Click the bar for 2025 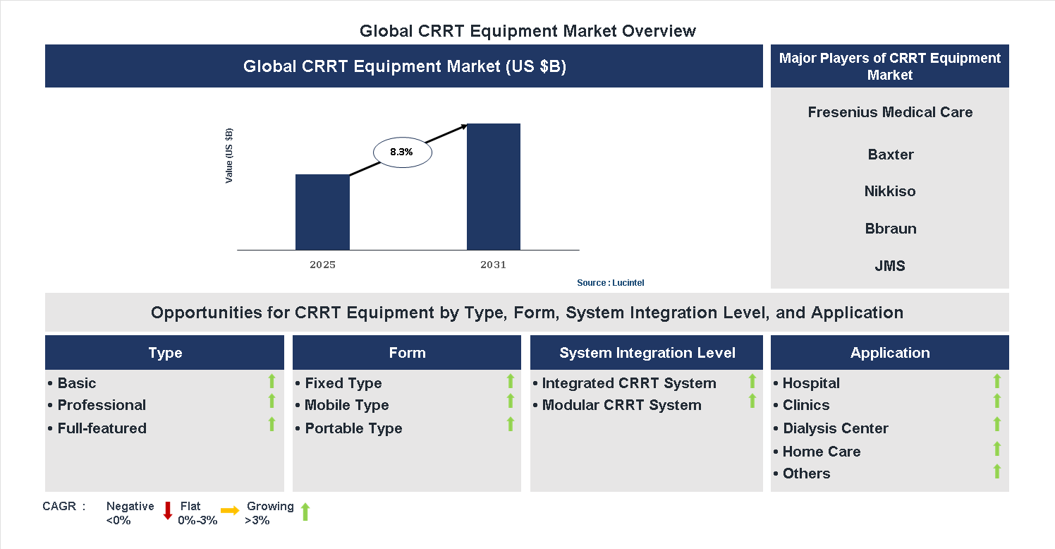tap(322, 212)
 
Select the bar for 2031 tap(494, 186)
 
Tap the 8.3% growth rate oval tap(401, 152)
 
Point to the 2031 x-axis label tap(493, 265)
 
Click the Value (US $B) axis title tap(229, 156)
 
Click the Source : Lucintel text tap(610, 283)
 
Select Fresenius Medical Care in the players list tap(890, 112)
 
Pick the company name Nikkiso tap(890, 191)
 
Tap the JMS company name tap(890, 266)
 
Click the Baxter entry tap(890, 155)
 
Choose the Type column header tap(165, 353)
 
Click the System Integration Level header tap(647, 353)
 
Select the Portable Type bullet tap(353, 428)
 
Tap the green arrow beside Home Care tap(996, 449)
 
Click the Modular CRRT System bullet tap(621, 405)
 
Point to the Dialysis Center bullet tap(835, 428)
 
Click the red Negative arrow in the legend tap(168, 511)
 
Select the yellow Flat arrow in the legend tap(230, 511)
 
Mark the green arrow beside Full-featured tap(272, 424)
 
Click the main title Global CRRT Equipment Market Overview tap(527, 31)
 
